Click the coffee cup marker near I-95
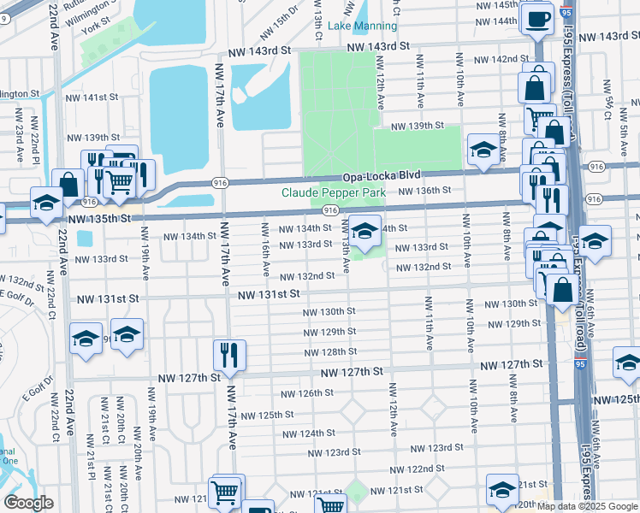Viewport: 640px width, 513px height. click(537, 19)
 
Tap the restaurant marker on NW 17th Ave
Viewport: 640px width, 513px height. click(229, 354)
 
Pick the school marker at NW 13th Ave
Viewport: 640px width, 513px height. click(365, 232)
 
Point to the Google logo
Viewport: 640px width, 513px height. click(28, 502)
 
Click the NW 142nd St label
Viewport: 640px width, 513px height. click(501, 59)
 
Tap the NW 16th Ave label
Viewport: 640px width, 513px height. click(266, 250)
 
